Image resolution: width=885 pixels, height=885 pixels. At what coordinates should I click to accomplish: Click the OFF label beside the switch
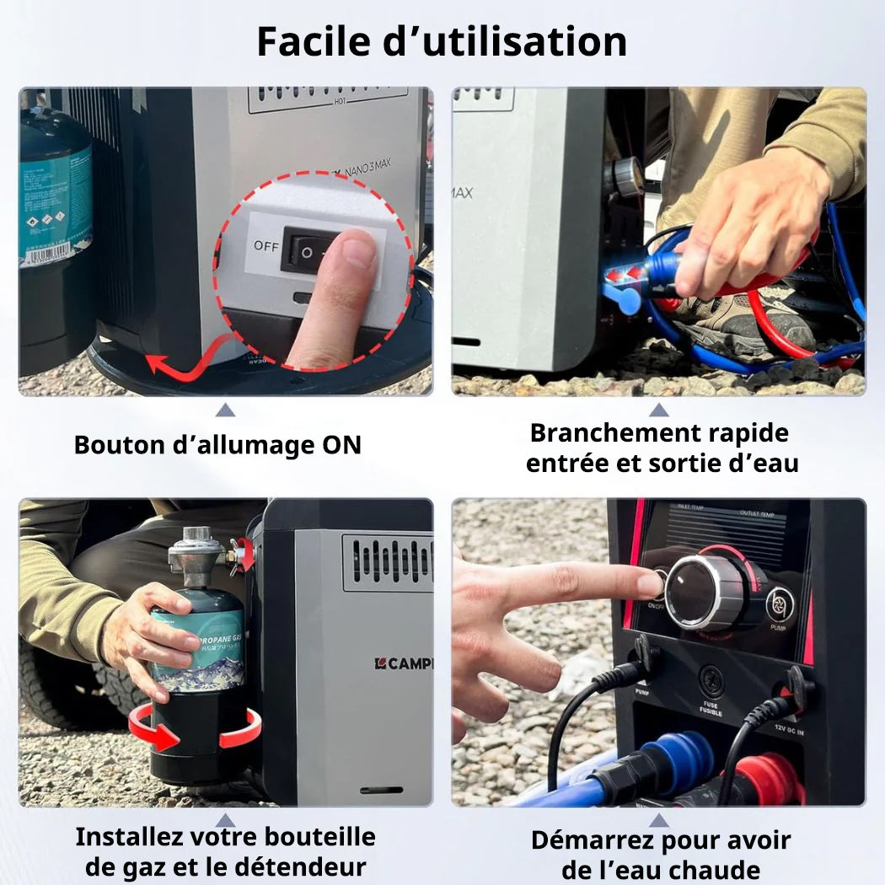(265, 246)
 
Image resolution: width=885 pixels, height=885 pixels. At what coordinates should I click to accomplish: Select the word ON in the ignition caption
(341, 445)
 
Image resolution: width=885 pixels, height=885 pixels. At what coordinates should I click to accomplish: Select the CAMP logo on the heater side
(403, 663)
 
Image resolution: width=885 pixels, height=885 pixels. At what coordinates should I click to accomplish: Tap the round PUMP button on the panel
(780, 604)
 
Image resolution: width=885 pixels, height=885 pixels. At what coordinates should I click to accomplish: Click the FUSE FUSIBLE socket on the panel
(710, 680)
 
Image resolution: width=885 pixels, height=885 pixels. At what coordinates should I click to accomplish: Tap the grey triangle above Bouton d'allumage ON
(224, 410)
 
